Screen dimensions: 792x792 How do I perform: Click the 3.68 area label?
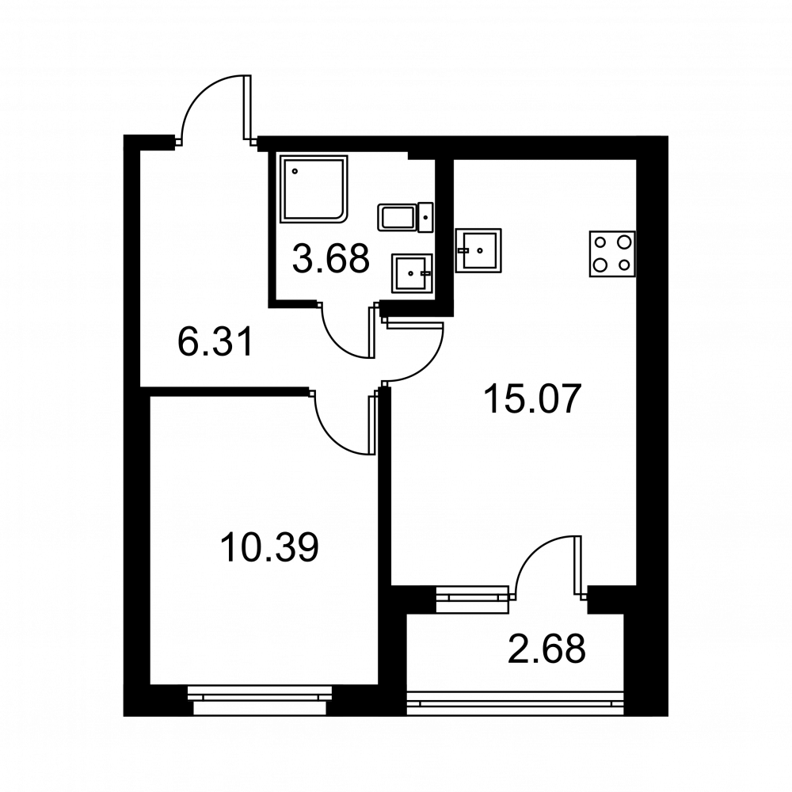click(331, 259)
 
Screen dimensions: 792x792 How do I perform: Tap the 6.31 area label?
click(215, 341)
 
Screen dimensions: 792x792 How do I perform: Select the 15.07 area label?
click(533, 398)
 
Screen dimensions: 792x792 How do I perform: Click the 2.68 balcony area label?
click(546, 649)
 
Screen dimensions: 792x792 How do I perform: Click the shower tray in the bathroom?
click(314, 188)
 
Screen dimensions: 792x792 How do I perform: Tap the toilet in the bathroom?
click(405, 218)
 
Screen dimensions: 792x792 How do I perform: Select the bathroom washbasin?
click(412, 273)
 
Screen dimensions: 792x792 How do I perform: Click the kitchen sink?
click(478, 250)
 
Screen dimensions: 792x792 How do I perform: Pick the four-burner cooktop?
click(612, 254)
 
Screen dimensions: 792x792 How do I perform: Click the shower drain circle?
click(295, 171)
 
